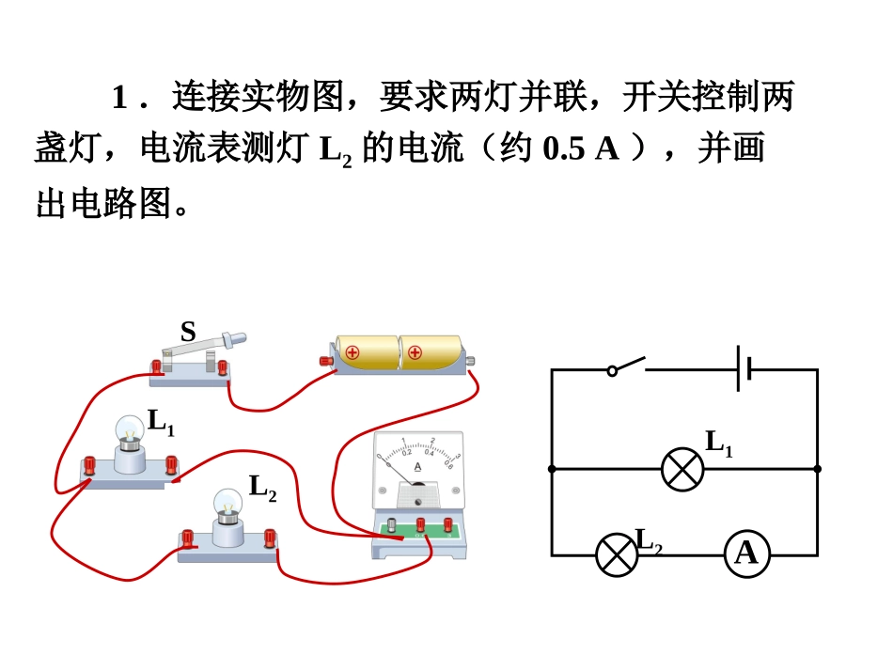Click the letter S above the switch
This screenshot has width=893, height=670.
[x=188, y=331]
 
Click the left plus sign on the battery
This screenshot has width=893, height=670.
[x=353, y=353]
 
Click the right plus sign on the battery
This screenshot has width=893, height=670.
[x=415, y=353]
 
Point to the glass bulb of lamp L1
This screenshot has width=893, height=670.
[x=130, y=431]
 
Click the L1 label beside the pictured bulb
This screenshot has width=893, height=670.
[x=161, y=423]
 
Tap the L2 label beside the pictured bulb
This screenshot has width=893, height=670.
[x=262, y=488]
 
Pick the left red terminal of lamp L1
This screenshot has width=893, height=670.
[x=90, y=464]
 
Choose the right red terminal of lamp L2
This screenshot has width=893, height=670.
[x=270, y=538]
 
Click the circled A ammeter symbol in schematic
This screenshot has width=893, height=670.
[x=746, y=554]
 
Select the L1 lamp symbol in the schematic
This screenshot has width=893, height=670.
[x=682, y=468]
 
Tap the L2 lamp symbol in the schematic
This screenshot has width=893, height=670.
[x=617, y=554]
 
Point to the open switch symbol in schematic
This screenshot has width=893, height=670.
[x=627, y=366]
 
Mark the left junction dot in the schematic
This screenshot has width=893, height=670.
[x=552, y=468]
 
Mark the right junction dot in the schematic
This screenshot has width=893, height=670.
[x=817, y=468]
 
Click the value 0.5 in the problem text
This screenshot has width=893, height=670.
[x=559, y=150]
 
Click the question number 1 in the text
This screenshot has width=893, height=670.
[x=119, y=98]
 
